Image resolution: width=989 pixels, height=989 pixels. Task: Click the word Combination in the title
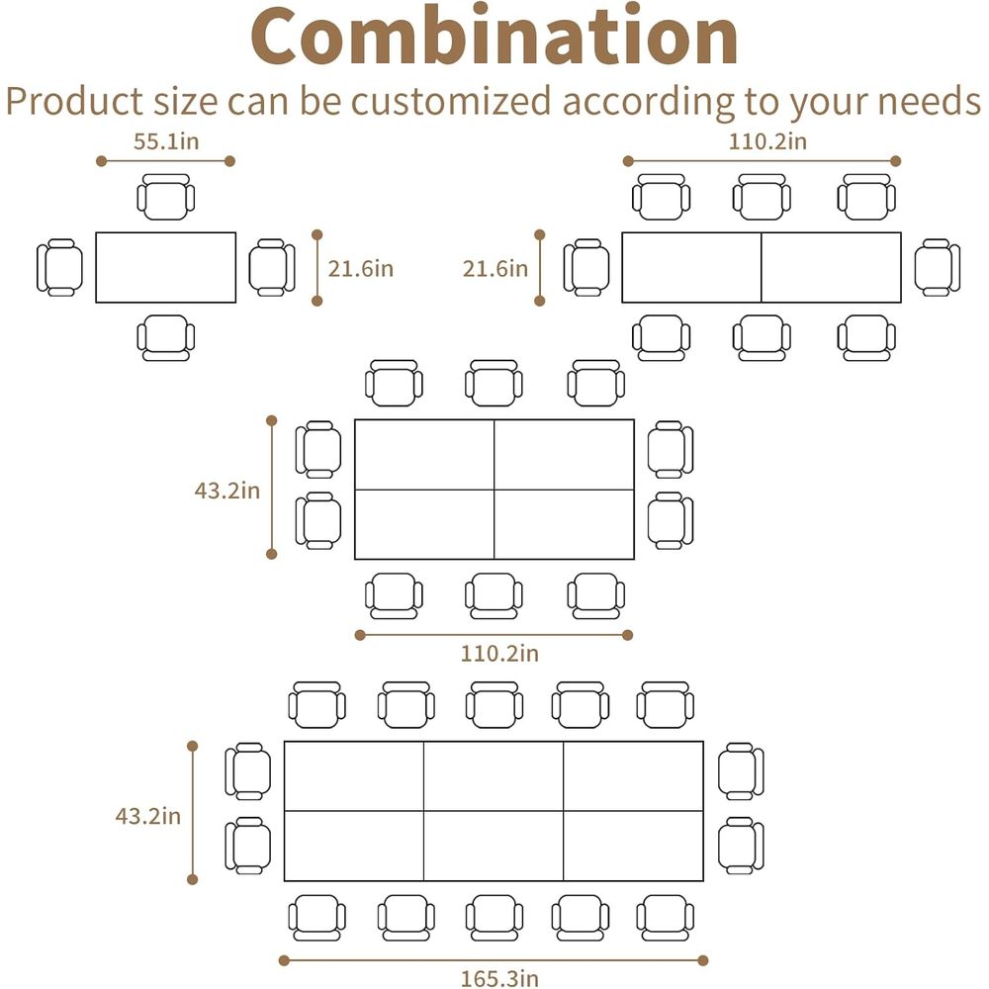coord(494,36)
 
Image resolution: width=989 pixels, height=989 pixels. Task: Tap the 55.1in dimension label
coord(166,141)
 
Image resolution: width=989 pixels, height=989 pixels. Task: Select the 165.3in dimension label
coord(499,978)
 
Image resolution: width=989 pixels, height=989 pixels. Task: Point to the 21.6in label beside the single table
coord(360,269)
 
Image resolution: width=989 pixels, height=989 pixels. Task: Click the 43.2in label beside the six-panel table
coord(147,816)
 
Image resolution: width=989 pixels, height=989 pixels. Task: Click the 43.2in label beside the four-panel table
coord(227,491)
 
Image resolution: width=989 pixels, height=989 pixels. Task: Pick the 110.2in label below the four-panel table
coord(499,653)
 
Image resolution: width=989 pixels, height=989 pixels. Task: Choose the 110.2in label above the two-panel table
coord(767,141)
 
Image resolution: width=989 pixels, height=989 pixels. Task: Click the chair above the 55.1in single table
coord(166,197)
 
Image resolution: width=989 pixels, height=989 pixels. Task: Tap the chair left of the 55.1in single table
coord(60,267)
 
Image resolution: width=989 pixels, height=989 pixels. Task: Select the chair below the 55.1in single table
coord(166,338)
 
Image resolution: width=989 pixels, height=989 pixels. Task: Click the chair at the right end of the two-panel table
coord(938,267)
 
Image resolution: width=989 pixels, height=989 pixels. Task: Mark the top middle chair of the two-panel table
coord(762,197)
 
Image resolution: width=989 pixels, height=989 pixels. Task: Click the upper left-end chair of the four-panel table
coord(318,450)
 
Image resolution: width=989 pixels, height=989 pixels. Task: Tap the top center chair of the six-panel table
coord(494,705)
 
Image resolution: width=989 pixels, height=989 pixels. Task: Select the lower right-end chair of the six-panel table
coord(741,846)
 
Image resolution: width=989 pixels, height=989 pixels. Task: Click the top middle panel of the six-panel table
coord(494,776)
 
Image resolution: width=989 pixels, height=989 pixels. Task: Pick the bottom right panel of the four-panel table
coord(564,524)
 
